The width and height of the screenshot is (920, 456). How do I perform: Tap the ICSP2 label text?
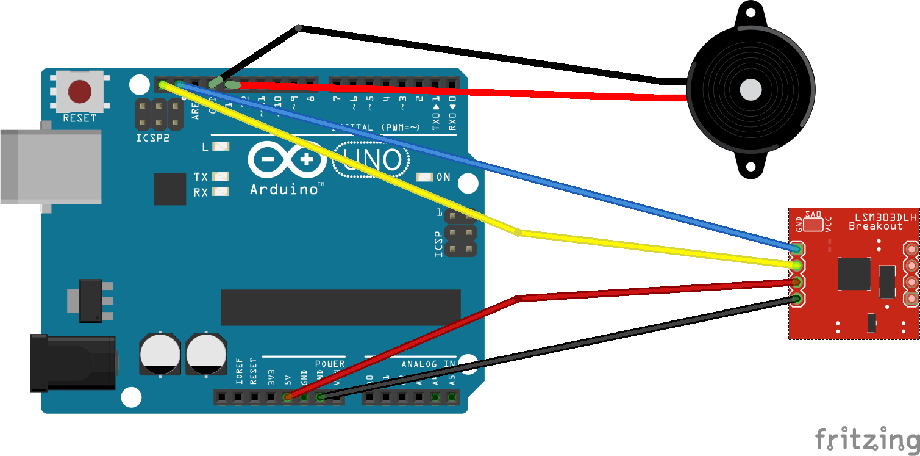[152, 139]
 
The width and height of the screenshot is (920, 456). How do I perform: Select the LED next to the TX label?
[221, 177]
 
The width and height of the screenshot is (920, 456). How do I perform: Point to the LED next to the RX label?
[221, 192]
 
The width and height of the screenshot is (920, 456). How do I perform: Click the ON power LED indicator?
[424, 177]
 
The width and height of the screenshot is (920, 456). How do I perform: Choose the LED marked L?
[221, 147]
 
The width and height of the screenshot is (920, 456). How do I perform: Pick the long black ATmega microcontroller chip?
[340, 307]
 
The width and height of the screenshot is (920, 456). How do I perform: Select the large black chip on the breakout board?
[854, 273]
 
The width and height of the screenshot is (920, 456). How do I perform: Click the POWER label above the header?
[329, 364]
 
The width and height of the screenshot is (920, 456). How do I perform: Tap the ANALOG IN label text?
[428, 364]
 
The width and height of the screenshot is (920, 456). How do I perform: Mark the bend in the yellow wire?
[518, 232]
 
